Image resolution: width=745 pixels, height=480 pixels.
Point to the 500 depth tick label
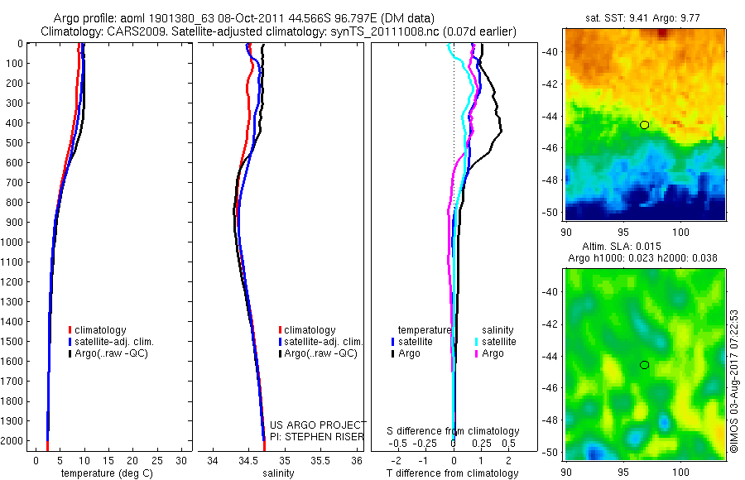click(15, 143)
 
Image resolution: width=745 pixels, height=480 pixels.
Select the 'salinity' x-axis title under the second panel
click(279, 473)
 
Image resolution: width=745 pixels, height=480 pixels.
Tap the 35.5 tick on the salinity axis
click(320, 460)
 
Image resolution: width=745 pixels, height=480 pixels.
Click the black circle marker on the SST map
click(644, 125)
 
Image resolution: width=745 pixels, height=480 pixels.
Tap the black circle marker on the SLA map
click(644, 365)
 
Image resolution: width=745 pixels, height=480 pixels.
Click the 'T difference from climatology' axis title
click(454, 473)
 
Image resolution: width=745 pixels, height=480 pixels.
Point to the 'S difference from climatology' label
click(454, 431)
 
